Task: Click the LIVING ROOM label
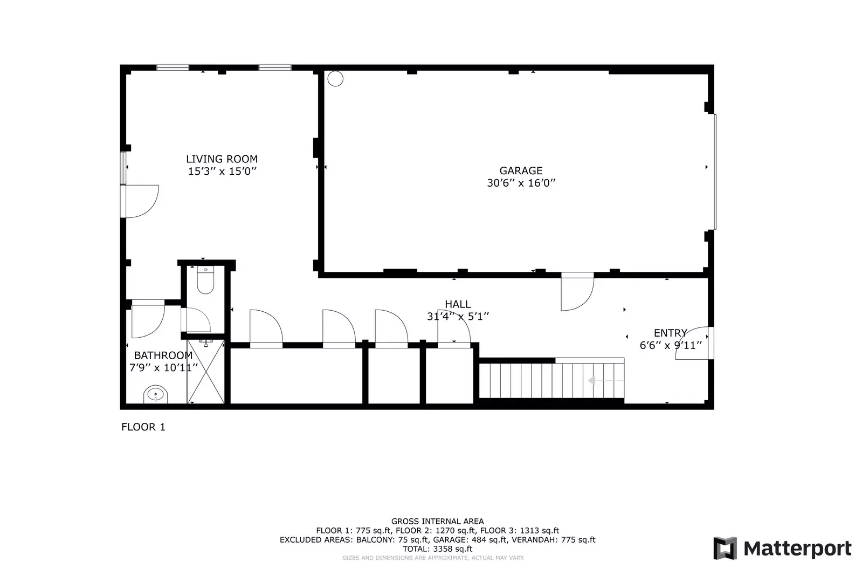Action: (x=222, y=159)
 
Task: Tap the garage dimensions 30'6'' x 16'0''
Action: (x=521, y=183)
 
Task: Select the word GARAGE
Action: (x=521, y=170)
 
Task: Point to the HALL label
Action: (x=458, y=304)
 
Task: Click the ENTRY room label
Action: (x=670, y=333)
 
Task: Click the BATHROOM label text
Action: (x=163, y=355)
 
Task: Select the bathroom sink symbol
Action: (x=156, y=395)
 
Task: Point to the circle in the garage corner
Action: (x=335, y=79)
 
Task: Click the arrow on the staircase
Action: (x=591, y=381)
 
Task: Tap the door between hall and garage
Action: (x=577, y=293)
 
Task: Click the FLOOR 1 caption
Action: (x=143, y=427)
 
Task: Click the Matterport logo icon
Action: (x=725, y=548)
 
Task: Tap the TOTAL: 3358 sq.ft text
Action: (x=437, y=549)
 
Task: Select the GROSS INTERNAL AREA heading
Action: (x=437, y=521)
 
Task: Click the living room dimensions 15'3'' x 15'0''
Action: (x=222, y=172)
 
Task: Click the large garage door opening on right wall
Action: (x=715, y=172)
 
